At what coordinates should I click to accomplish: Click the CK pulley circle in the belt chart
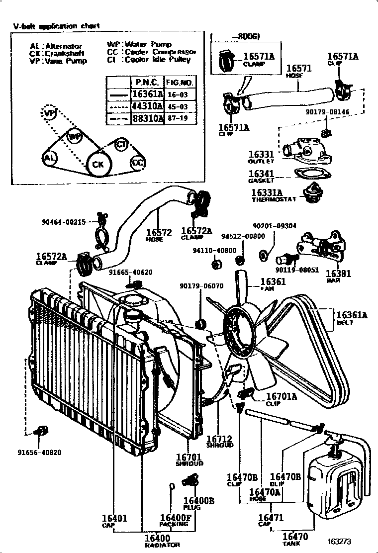pyautogui.click(x=98, y=164)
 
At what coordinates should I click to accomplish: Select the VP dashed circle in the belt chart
pyautogui.click(x=49, y=114)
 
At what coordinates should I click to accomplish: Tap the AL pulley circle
pyautogui.click(x=50, y=159)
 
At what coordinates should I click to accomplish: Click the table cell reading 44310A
pyautogui.click(x=147, y=106)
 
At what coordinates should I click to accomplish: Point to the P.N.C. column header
pyautogui.click(x=147, y=82)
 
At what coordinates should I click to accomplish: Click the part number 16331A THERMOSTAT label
pyautogui.click(x=267, y=195)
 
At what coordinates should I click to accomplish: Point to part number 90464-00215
pyautogui.click(x=64, y=222)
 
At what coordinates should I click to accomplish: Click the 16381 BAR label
pyautogui.click(x=338, y=276)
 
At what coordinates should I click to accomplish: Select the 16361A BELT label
pyautogui.click(x=352, y=318)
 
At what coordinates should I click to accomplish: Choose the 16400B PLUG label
pyautogui.click(x=198, y=503)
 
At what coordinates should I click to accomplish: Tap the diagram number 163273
pyautogui.click(x=339, y=542)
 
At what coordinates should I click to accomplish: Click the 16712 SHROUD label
pyautogui.click(x=219, y=441)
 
